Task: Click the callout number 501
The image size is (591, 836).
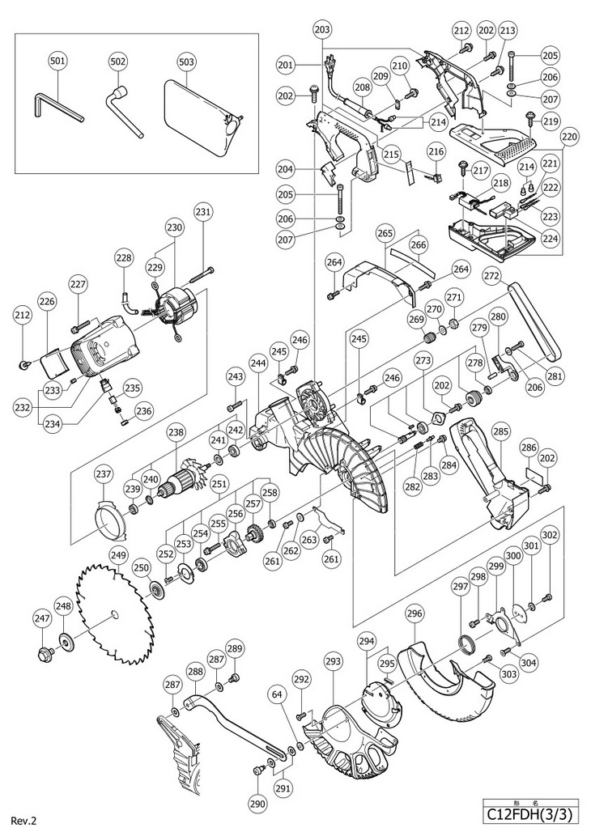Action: (58, 60)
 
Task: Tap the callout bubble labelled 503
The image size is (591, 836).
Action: (186, 60)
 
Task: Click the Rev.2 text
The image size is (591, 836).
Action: (23, 821)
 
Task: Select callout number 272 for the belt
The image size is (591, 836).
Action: (491, 276)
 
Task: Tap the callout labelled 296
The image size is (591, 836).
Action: (415, 614)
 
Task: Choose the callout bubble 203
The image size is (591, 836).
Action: (321, 30)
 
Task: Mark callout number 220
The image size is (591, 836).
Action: (569, 138)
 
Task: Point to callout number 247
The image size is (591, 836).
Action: (42, 617)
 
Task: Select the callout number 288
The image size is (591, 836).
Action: (195, 671)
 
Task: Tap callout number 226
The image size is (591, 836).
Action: (47, 302)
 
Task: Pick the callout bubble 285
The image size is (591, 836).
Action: (501, 433)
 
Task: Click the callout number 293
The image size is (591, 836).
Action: (332, 663)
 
